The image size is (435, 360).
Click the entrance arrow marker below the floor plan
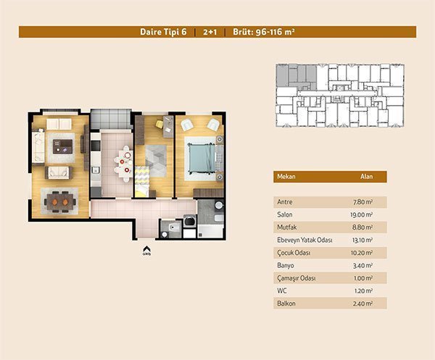coord(146,249)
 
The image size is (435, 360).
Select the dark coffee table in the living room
coord(62,146)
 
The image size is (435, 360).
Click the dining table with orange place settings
coord(60,202)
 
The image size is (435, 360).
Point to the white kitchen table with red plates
coord(124,164)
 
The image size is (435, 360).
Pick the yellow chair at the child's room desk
coord(159,124)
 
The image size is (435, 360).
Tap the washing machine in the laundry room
coord(190,221)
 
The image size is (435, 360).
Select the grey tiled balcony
coord(111,119)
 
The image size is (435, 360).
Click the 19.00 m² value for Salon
coord(361,215)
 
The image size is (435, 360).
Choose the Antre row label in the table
coord(285,202)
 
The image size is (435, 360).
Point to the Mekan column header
coord(286,177)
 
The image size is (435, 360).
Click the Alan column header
coord(366,177)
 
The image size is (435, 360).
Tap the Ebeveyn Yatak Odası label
coord(304,240)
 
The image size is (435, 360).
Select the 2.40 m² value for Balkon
coord(362,304)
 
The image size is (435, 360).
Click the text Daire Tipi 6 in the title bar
coord(163,32)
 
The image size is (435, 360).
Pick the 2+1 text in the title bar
coord(210,32)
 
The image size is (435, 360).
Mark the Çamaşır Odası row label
coord(297,278)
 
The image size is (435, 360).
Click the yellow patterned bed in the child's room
coord(142,182)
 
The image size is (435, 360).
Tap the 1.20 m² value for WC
coord(363,291)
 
